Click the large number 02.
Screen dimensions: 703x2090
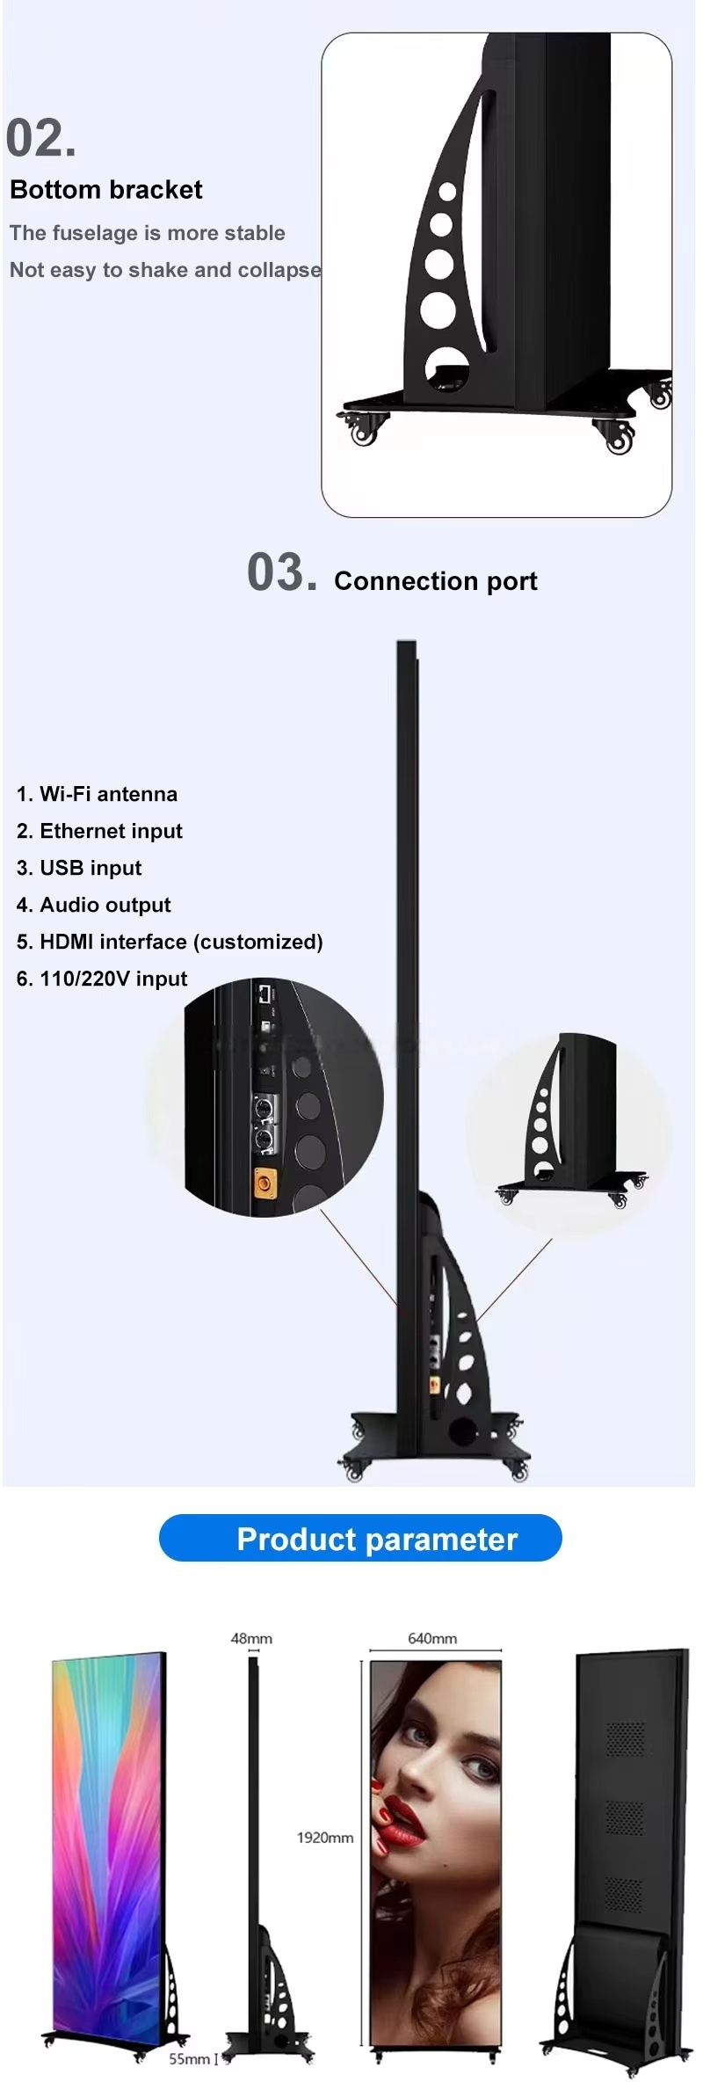(40, 139)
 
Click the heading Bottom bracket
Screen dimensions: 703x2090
(106, 190)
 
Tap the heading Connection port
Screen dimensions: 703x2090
(436, 581)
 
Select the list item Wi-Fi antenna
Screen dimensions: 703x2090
(97, 794)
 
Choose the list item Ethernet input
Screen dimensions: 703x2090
(99, 831)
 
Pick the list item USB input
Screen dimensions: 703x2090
(79, 868)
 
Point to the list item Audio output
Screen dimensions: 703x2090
(93, 905)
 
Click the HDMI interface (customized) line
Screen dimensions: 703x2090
(170, 942)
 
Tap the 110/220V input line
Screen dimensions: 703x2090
(102, 979)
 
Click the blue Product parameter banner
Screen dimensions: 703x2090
(360, 1539)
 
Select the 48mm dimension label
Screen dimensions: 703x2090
(251, 1639)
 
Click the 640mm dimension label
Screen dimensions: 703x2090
(432, 1639)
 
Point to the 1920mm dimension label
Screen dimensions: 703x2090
(325, 1838)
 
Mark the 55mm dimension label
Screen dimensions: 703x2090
(189, 2059)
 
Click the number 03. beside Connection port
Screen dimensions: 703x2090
(281, 573)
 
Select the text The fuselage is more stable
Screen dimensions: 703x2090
(148, 233)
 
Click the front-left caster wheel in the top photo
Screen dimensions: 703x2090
(365, 431)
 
